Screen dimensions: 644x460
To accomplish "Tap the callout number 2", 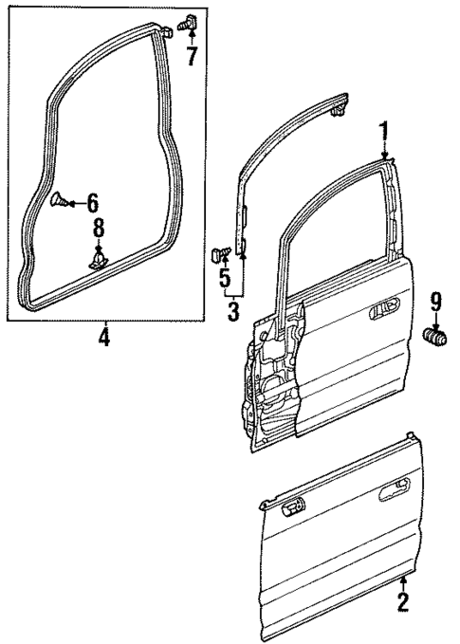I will [x=403, y=600].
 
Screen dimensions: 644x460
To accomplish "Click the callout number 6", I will [x=91, y=202].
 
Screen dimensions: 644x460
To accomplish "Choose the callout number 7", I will [x=192, y=55].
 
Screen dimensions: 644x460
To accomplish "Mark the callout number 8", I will [x=98, y=229].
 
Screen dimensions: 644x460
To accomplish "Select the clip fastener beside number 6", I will [x=59, y=200].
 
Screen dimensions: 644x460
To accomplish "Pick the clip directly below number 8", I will [x=98, y=259].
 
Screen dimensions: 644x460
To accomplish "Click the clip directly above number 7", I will [x=186, y=22].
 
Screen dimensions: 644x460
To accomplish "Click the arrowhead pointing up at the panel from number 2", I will [x=403, y=578].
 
